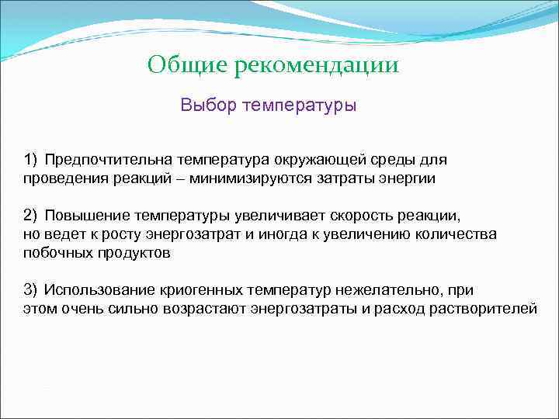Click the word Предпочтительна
[x=108, y=160]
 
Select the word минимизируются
[x=246, y=178]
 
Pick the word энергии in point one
[x=410, y=178]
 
